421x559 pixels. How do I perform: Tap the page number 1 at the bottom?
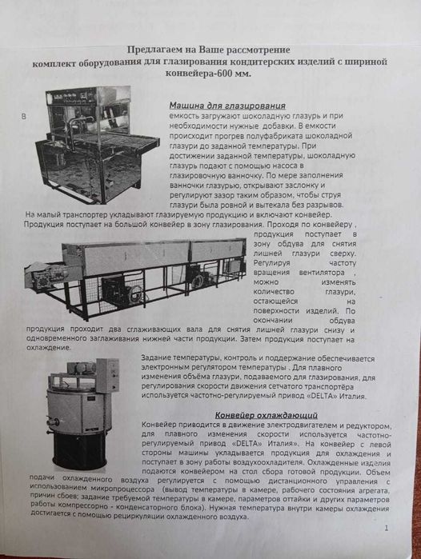pyautogui.click(x=386, y=528)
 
